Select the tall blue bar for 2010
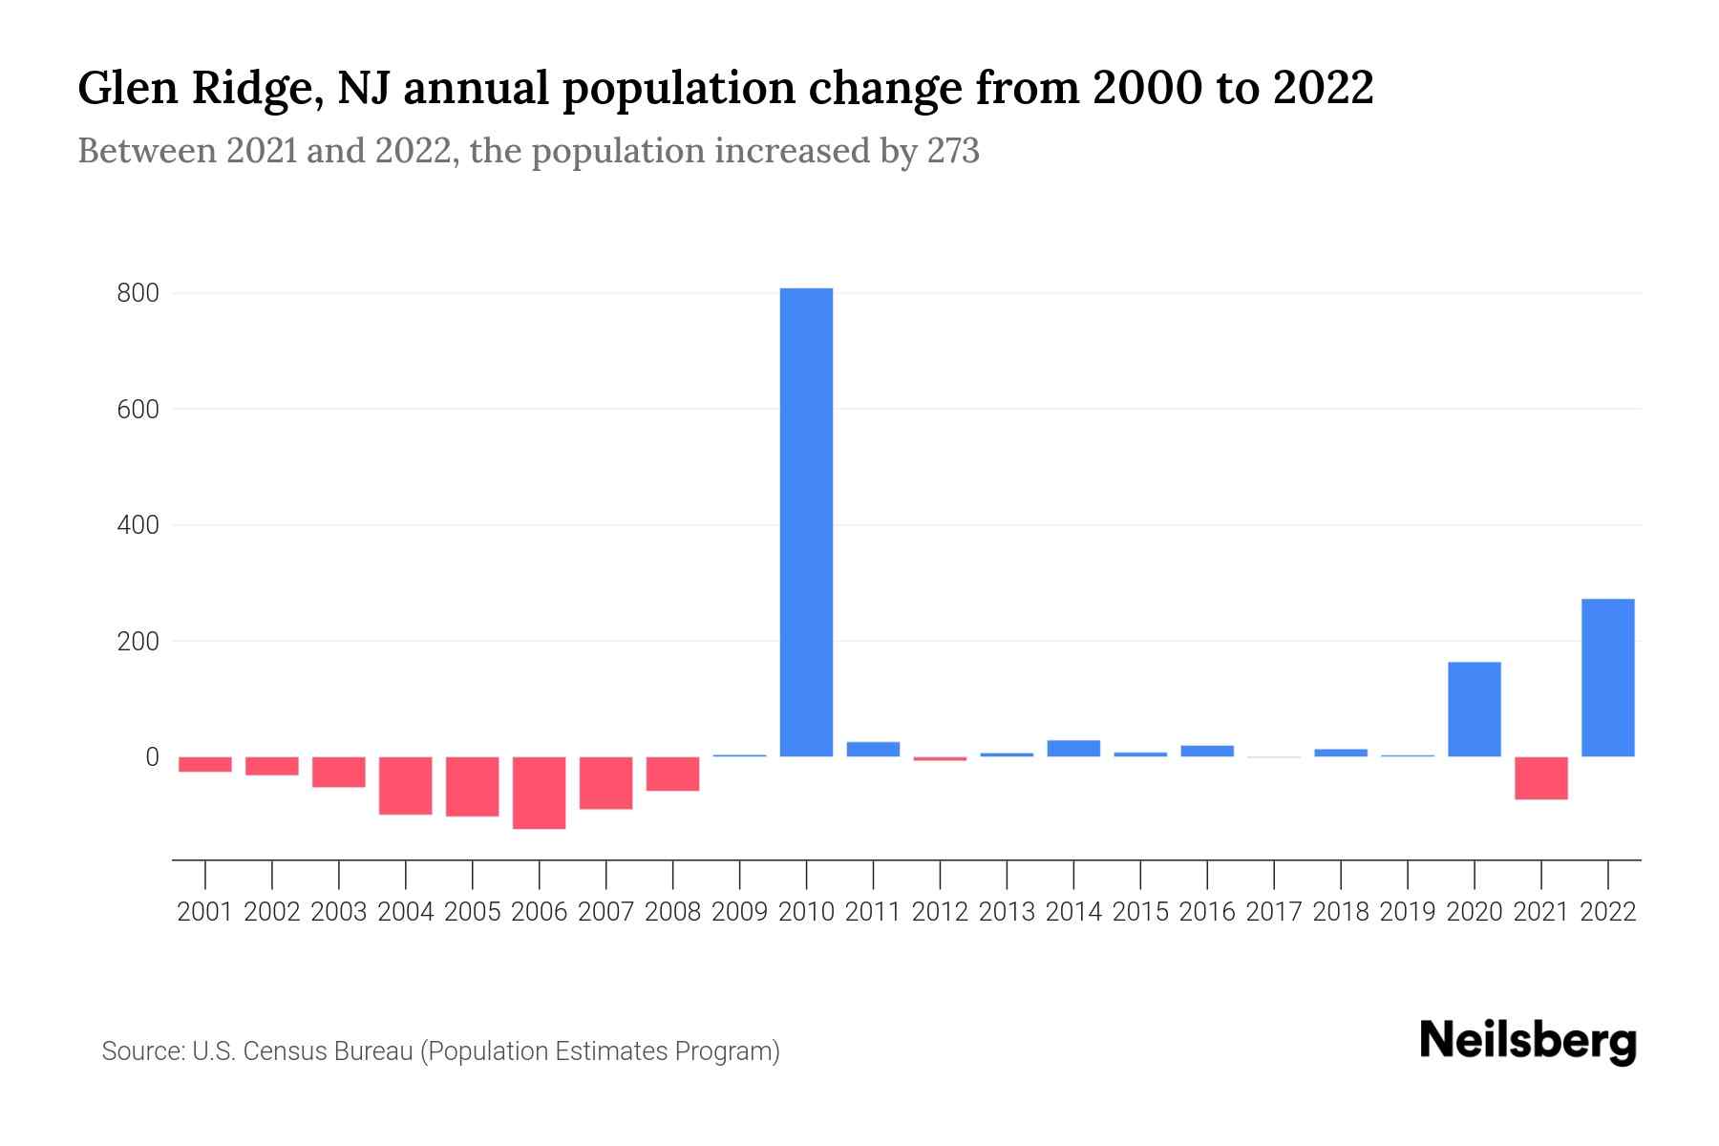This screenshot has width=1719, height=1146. [806, 522]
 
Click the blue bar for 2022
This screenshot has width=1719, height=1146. [1607, 678]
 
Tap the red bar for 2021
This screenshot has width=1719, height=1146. [1540, 778]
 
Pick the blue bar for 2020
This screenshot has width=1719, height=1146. [1474, 710]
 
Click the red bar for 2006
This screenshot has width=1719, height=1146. [539, 793]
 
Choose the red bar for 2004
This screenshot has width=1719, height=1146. [405, 786]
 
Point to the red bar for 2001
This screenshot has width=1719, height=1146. [204, 764]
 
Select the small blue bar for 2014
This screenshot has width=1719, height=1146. [1073, 749]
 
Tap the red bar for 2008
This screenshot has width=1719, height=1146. [672, 775]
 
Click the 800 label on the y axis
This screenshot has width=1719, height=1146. [138, 294]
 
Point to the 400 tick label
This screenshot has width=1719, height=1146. [138, 525]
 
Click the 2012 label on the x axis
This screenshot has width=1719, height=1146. [940, 912]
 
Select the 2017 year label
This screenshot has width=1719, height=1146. [1273, 912]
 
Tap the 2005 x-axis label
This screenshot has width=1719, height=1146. [472, 912]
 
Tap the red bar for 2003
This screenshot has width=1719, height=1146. [338, 772]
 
